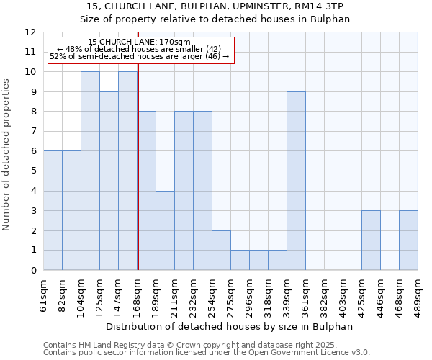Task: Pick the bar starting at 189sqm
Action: pos(165,230)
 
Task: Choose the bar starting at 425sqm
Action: pos(371,240)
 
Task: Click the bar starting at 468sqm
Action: pos(408,240)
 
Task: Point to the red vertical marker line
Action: pos(138,166)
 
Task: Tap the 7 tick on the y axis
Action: pos(32,132)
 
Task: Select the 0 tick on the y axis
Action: pos(32,270)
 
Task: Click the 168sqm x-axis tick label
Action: pos(138,294)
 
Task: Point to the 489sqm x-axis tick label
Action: pos(418,294)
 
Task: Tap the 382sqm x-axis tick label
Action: pos(325,294)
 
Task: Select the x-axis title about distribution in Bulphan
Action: pos(230,326)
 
